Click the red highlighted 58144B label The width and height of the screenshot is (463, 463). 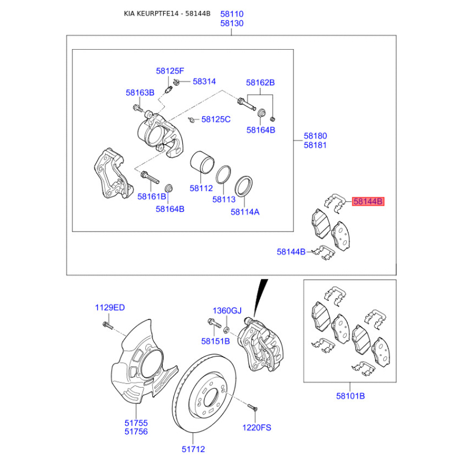click(368, 201)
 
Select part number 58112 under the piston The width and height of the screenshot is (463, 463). click(201, 188)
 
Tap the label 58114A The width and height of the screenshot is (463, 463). click(245, 212)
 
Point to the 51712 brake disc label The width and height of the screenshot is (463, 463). click(193, 449)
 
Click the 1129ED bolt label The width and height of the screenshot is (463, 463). click(110, 307)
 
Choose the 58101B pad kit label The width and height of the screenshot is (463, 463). click(351, 396)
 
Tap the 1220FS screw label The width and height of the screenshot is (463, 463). click(256, 428)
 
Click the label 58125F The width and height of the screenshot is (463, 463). click(170, 71)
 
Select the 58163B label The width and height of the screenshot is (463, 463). click(140, 93)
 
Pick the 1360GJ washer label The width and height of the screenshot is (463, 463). click(227, 311)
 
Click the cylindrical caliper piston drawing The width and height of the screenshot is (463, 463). click(202, 163)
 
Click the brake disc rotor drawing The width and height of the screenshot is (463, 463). click(204, 394)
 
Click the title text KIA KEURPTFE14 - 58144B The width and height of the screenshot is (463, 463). click(167, 13)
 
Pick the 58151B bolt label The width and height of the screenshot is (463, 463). click(215, 341)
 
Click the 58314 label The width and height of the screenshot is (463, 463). click(204, 81)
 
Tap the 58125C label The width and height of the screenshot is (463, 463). click(216, 119)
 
